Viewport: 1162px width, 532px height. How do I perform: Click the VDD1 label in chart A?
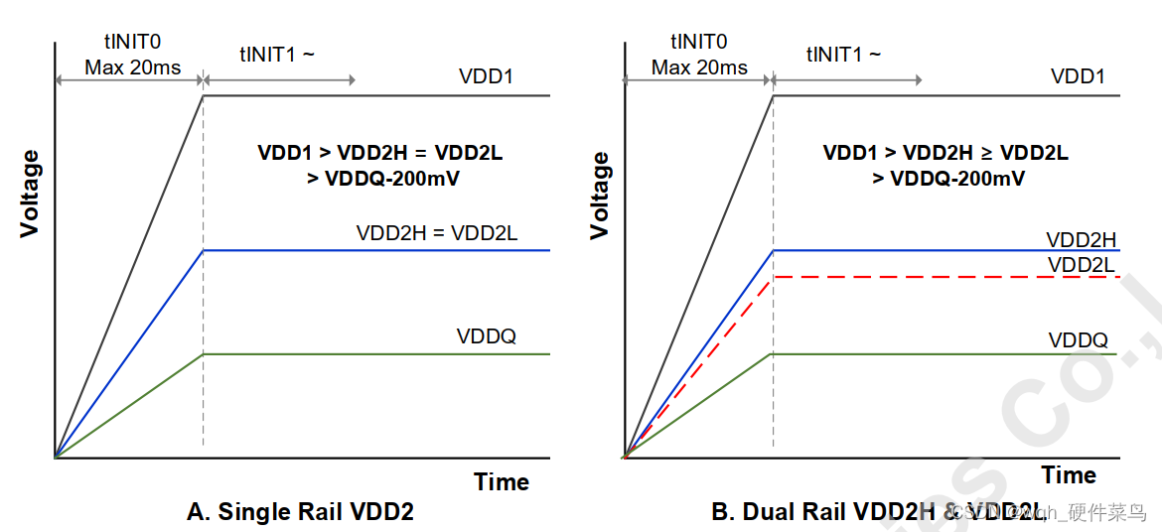[486, 75]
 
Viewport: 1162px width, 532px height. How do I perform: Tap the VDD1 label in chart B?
[1078, 76]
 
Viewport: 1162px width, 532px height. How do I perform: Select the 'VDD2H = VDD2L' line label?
[437, 233]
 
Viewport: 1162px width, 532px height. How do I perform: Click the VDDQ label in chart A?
[486, 336]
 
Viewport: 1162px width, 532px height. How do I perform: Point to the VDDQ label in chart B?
[1078, 340]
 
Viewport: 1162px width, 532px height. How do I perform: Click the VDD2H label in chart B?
[1081, 240]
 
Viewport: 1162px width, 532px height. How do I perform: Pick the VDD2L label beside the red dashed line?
[1081, 264]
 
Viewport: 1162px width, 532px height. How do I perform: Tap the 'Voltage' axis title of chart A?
[30, 194]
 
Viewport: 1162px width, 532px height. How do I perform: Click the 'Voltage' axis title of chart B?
[599, 196]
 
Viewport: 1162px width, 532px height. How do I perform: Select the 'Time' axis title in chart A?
[502, 482]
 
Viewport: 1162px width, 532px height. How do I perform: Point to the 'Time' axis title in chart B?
[1069, 474]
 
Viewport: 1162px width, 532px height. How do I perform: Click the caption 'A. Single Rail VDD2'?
[300, 512]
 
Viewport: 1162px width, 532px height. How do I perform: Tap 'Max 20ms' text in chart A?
[133, 67]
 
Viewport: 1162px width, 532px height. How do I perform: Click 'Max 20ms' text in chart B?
[699, 67]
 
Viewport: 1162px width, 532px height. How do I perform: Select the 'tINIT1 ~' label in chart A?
[277, 54]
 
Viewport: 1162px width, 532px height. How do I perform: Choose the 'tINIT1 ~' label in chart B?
[843, 54]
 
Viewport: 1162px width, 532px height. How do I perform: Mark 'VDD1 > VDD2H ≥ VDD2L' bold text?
[945, 153]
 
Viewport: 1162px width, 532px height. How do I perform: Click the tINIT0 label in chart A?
[133, 42]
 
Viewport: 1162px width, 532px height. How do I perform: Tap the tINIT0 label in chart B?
[699, 42]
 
